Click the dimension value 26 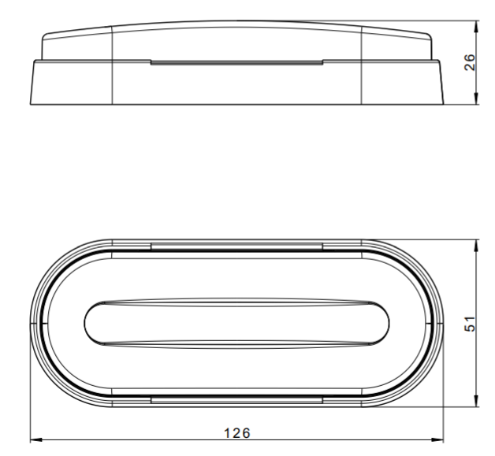click(x=470, y=62)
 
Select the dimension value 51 click(x=470, y=324)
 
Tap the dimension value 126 click(x=237, y=433)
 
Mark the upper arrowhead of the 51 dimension click(x=476, y=246)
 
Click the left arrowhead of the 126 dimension click(x=36, y=439)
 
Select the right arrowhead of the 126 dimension click(x=437, y=439)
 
